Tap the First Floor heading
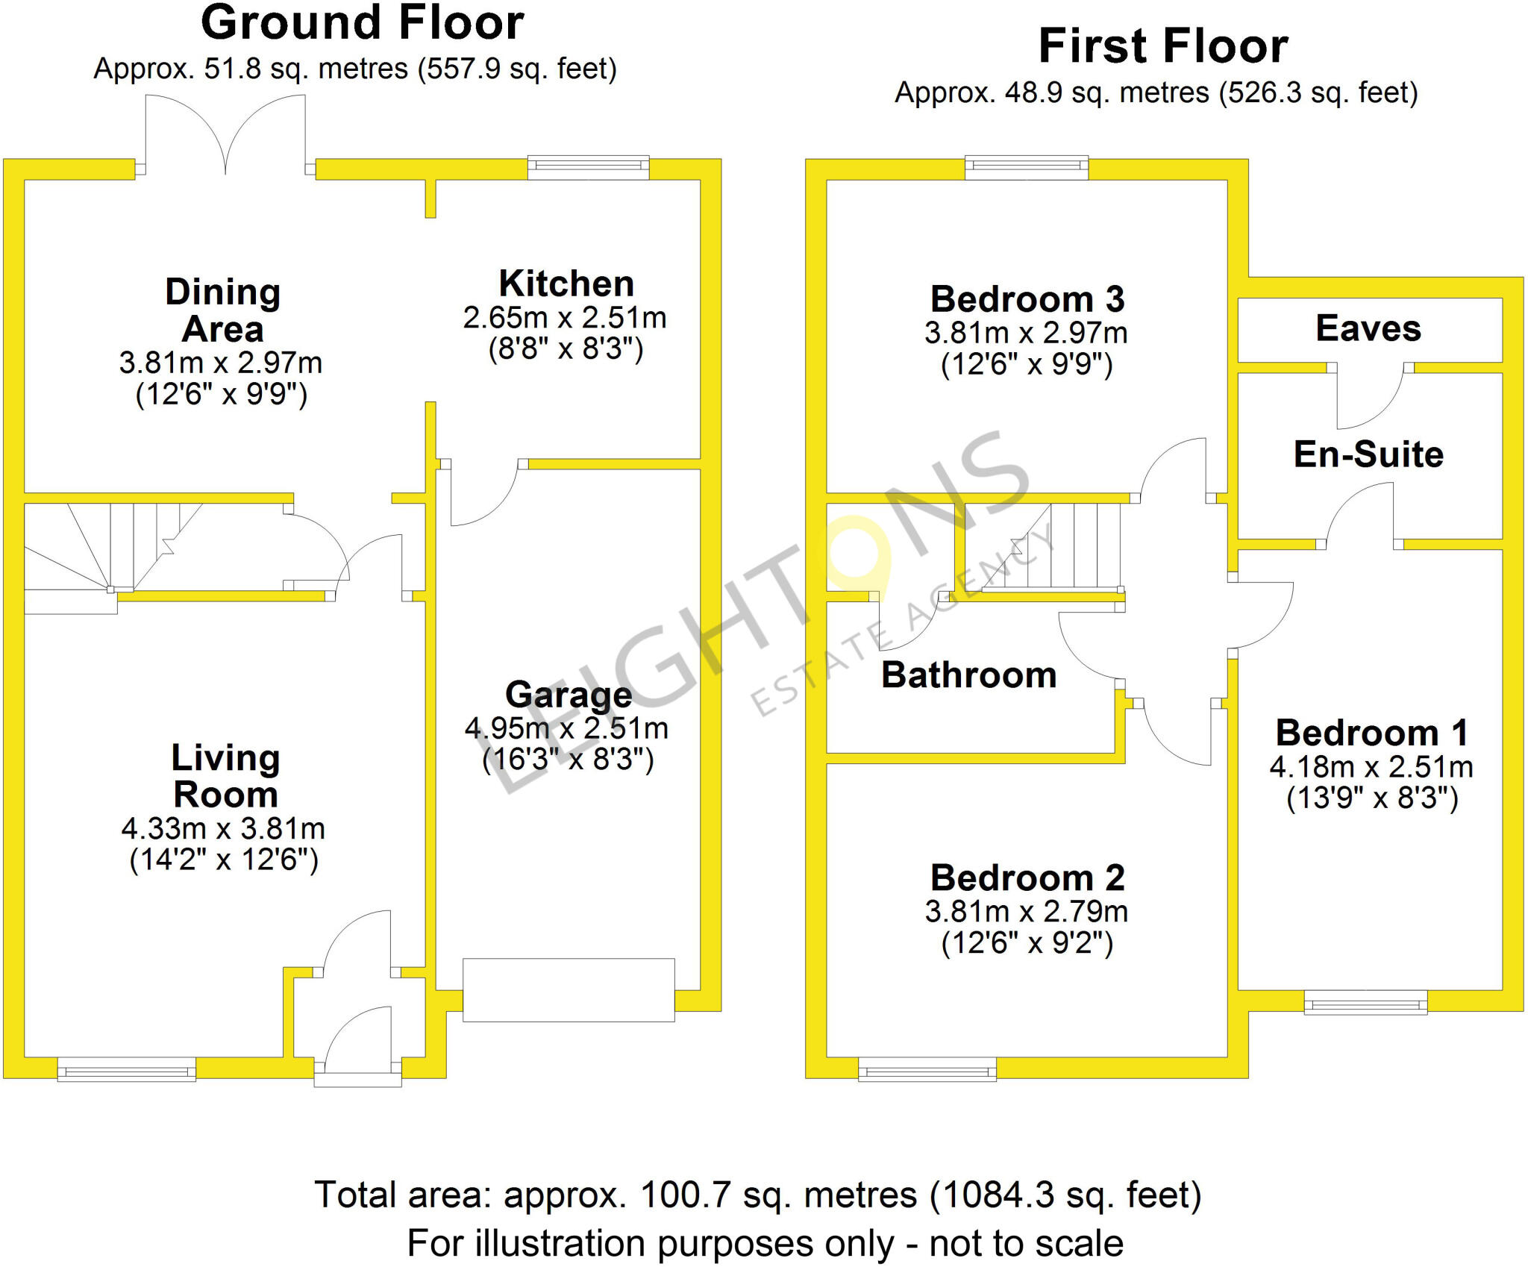(x=1163, y=46)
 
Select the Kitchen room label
(x=566, y=284)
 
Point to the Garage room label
(x=569, y=695)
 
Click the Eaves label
(x=1368, y=328)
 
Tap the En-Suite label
(x=1368, y=454)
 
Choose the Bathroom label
(x=969, y=675)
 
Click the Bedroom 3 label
(x=1027, y=299)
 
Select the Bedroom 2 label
(x=1027, y=877)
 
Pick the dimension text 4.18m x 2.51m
(x=1371, y=767)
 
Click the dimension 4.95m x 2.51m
(x=566, y=728)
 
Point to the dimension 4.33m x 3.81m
(x=223, y=829)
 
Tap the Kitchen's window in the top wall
(x=588, y=167)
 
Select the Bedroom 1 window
(x=1365, y=1002)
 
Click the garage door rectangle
(x=569, y=990)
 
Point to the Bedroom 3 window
(x=1027, y=167)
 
